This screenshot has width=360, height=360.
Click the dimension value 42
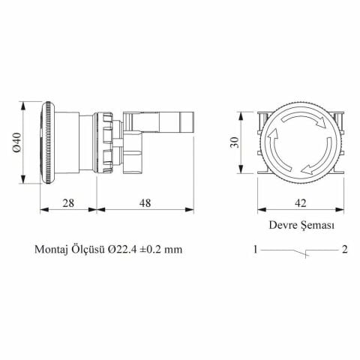coord(300,202)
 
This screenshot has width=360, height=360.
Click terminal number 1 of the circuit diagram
coord(256,250)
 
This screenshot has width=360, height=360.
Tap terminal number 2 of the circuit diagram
coord(343,250)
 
